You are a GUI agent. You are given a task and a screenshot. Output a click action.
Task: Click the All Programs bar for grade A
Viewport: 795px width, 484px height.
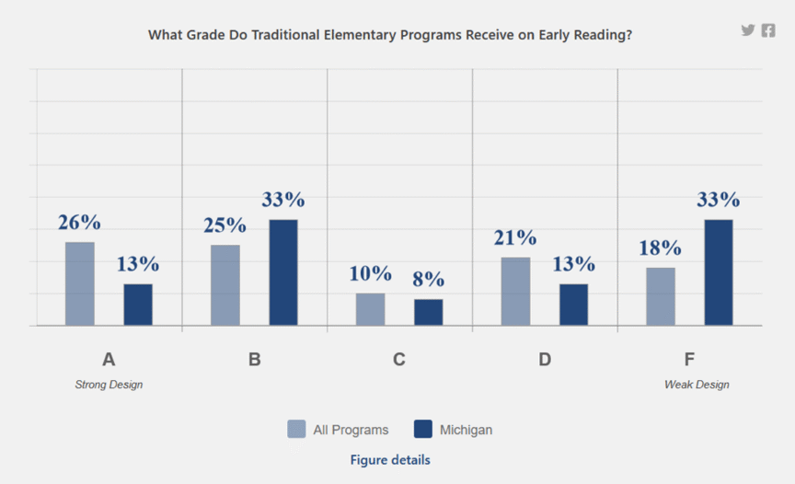80,283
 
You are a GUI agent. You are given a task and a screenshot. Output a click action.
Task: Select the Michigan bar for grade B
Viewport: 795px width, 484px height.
283,272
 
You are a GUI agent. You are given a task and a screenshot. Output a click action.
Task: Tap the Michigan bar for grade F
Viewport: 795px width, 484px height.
719,272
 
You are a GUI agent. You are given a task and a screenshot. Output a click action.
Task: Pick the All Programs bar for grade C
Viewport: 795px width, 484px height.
370,309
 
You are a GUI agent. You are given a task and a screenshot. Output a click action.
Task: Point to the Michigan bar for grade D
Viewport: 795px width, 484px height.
573,305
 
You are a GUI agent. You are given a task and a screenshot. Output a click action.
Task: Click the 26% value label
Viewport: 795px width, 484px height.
79,223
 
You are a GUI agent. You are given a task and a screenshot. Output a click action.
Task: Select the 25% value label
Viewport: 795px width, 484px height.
225,225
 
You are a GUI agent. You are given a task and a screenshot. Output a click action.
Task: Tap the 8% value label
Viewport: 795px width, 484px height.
428,280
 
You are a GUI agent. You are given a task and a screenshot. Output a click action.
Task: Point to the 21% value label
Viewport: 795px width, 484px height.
515,237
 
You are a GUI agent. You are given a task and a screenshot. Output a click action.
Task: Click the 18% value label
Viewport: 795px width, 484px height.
660,248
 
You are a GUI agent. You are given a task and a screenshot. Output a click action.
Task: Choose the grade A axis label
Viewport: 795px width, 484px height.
109,360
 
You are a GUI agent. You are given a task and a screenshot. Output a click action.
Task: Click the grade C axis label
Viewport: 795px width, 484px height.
399,360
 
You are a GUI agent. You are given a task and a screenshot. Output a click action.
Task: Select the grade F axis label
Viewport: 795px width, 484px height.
690,360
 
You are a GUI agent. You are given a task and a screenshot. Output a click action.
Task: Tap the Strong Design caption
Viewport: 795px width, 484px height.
109,385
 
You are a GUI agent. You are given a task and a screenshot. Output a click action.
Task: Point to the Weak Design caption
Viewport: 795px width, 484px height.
697,385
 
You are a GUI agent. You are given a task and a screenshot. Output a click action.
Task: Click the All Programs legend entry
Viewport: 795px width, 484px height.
338,430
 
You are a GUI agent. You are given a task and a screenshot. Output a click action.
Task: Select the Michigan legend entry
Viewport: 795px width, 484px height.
453,430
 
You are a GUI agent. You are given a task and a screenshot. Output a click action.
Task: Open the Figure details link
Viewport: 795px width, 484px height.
390,460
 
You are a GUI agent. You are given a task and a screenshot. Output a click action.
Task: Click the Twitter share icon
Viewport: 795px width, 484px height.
748,30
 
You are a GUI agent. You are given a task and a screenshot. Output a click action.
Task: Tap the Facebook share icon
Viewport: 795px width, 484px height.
768,30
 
